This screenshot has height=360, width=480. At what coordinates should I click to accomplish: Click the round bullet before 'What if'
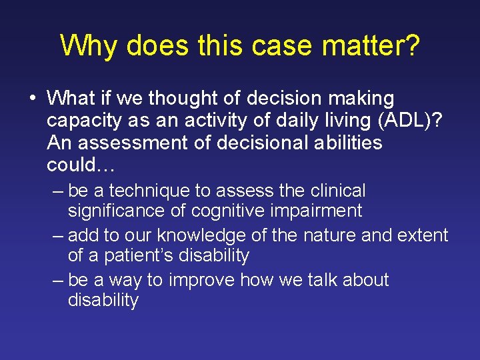coord(33,99)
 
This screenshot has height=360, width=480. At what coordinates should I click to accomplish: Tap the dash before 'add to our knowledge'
coord(58,235)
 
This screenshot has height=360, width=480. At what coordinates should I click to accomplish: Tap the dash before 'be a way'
coord(58,279)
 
